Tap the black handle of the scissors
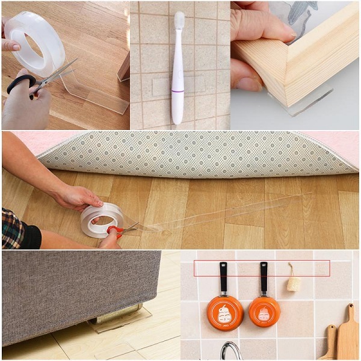click(x=22, y=84)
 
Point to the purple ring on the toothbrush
click(x=177, y=91)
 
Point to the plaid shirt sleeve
click(x=13, y=229)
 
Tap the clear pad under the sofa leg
click(x=120, y=325)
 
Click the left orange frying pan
click(x=225, y=312)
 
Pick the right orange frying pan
click(x=264, y=311)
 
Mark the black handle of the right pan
click(x=264, y=277)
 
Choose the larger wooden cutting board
click(x=348, y=334)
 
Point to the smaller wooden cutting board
click(x=330, y=343)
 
